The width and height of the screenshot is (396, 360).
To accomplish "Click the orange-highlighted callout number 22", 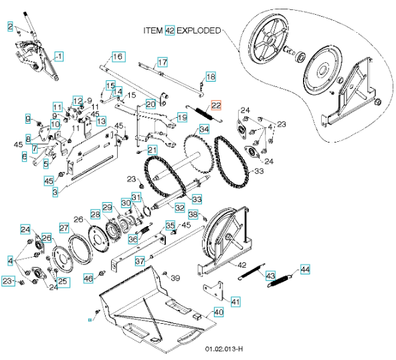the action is click(216, 105).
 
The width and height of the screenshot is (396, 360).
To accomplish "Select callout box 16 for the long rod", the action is click(118, 57).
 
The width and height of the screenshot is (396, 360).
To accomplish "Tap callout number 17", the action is click(163, 62).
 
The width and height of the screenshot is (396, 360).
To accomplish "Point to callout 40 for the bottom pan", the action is click(219, 312).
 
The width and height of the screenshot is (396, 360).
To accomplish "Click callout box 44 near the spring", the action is click(305, 269).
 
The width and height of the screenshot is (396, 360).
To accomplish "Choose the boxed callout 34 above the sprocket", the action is click(204, 129).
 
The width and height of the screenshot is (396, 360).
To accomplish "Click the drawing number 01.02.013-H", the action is click(224, 349).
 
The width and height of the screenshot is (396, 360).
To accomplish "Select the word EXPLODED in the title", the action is click(199, 31).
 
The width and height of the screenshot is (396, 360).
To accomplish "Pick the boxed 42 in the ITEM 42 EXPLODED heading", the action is click(170, 31).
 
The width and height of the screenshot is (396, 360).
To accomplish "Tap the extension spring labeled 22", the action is click(204, 114).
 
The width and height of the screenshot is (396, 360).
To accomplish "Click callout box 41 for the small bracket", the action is click(235, 302).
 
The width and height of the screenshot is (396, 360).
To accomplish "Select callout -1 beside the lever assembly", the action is click(59, 56).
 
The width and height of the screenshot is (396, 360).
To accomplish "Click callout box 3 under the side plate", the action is click(55, 192).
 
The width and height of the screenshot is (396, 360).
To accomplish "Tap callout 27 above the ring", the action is click(64, 228).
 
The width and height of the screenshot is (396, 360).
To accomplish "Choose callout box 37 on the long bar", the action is click(140, 261).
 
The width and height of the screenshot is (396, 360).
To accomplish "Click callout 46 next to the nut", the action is click(88, 278).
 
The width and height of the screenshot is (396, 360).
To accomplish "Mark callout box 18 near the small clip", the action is click(211, 76).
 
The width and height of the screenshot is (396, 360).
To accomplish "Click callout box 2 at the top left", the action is click(10, 27).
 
